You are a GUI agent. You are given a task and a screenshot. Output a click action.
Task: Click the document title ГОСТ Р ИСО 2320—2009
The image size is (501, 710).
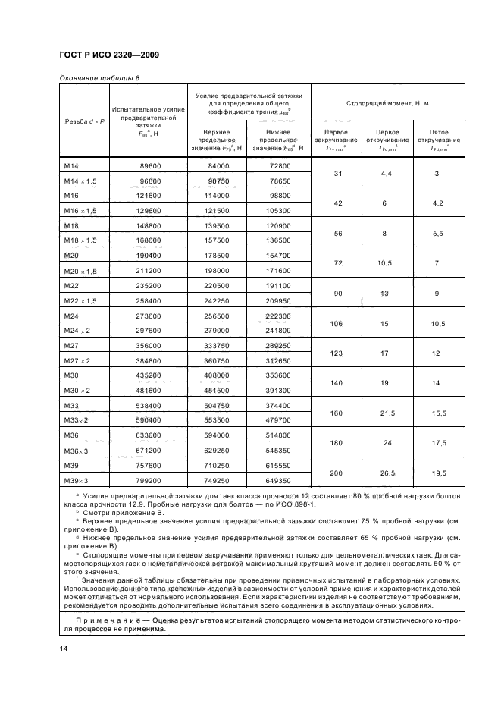pos(109,55)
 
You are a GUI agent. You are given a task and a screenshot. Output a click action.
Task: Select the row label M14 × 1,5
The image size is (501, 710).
pos(80,181)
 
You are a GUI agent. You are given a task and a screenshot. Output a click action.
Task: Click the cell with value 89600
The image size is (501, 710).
pos(146,165)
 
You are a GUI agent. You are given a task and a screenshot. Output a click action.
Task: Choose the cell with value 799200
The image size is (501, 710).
pos(146,480)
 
